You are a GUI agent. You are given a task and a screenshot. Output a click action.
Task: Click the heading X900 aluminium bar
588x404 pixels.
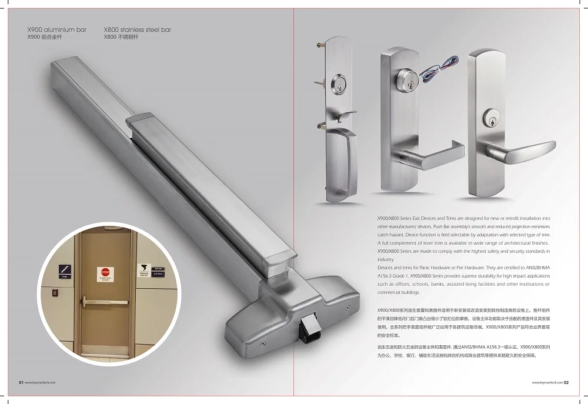coord(57,29)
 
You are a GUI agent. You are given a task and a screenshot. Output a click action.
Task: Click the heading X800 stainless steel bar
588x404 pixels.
coord(137,29)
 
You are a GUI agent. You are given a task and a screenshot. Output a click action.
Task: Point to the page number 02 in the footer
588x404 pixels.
coord(566,382)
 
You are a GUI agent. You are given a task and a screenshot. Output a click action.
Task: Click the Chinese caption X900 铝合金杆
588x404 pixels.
coord(45,37)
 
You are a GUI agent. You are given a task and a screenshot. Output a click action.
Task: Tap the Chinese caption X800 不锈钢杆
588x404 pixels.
coord(122,37)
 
